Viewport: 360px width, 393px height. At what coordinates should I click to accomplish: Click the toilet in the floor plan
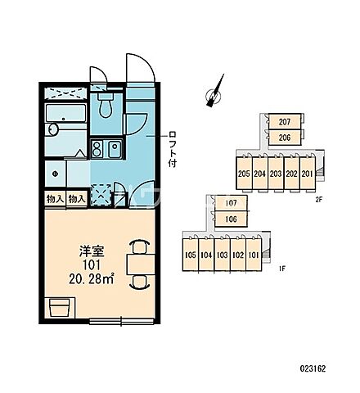coord(106,105)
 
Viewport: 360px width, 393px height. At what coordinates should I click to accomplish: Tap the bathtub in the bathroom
coord(65,113)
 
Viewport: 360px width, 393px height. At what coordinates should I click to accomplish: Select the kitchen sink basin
coord(115,149)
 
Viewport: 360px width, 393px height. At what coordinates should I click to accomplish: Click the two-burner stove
coord(97,149)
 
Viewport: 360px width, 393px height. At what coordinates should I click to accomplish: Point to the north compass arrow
coord(215,91)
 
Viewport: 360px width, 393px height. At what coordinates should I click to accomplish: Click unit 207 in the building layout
coord(285,121)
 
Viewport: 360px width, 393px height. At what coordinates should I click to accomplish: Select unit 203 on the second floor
coord(276,173)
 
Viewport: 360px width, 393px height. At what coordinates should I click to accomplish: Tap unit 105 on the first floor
coord(191,255)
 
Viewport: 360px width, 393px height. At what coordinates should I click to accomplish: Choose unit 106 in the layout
coord(232,219)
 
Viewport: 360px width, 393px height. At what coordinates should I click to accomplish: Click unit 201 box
coord(308,173)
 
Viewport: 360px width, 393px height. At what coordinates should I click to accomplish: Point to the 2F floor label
coord(319,200)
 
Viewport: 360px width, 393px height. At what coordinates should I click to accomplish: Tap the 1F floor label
coord(282,269)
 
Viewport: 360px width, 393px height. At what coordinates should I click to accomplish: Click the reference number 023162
coord(313,368)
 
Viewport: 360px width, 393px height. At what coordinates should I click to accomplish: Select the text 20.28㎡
coord(91,278)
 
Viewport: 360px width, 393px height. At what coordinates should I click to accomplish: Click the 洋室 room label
coord(92,251)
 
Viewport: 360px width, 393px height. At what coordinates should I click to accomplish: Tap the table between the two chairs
coord(141,264)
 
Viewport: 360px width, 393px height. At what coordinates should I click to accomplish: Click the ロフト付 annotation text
coord(173,149)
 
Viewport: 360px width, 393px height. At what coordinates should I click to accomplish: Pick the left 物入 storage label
coord(55,199)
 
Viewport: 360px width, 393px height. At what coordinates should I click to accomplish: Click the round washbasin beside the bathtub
coord(53,129)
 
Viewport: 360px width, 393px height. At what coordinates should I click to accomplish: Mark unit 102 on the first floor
coord(238,255)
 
